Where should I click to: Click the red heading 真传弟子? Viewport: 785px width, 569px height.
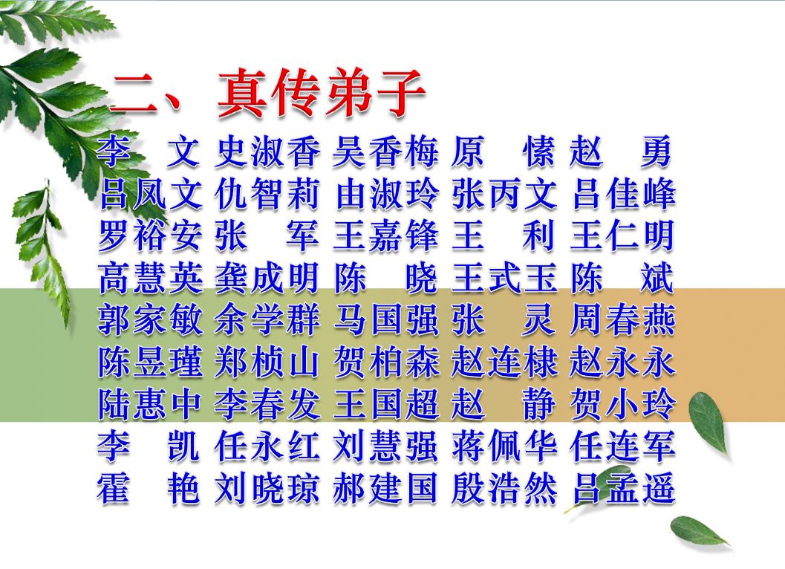point(320,93)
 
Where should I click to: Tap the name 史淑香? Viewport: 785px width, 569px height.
point(267,152)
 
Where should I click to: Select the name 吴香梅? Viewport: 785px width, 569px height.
point(385,152)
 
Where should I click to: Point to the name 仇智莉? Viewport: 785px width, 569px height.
point(267,195)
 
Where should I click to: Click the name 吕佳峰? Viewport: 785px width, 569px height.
point(623,195)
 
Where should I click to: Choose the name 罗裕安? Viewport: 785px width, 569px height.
point(150,236)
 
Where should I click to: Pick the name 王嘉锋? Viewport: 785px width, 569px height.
point(385,236)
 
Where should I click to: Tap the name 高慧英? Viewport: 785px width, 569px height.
point(150,278)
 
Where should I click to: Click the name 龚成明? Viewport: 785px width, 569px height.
point(267,278)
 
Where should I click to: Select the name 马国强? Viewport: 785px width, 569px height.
point(385,320)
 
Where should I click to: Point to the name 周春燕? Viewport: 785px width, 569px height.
point(623,320)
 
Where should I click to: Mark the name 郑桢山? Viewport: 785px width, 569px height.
point(267,362)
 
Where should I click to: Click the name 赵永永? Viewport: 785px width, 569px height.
point(623,362)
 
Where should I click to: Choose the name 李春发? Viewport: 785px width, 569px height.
point(267,404)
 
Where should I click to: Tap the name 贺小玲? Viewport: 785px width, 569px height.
point(623,404)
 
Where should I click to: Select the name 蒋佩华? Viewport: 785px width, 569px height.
point(504,446)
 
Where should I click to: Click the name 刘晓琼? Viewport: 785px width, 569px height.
point(267,488)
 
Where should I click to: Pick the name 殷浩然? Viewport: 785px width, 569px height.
point(504,488)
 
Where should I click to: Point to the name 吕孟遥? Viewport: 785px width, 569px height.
point(623,488)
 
